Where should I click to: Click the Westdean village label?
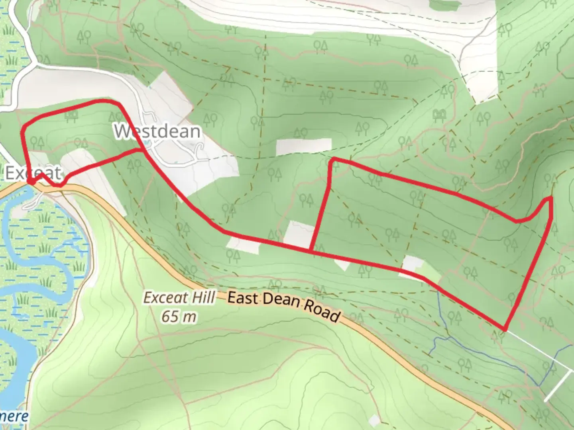(157, 131)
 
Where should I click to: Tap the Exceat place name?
(33, 173)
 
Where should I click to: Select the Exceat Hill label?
(179, 298)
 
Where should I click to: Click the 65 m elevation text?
(179, 317)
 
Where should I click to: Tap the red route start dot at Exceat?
(30, 182)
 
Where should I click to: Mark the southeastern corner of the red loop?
(505, 330)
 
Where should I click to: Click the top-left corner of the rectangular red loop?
(332, 159)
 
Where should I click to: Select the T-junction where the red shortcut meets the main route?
(310, 251)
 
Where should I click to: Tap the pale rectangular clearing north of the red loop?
(304, 147)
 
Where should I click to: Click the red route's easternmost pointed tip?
(551, 198)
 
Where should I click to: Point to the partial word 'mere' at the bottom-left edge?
(14, 416)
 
